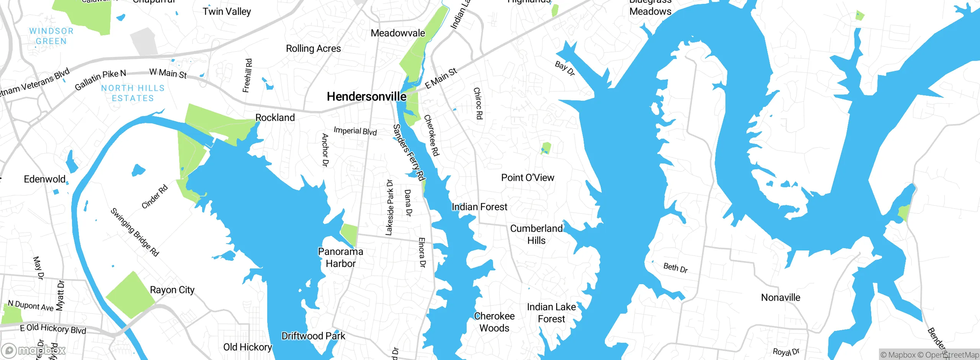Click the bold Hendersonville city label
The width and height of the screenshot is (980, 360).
tap(366, 97)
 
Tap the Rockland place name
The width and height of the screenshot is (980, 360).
tap(275, 118)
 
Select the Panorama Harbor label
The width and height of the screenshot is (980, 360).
tap(340, 257)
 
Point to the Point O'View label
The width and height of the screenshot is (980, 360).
tap(528, 178)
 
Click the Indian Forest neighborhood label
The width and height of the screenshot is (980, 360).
tap(479, 207)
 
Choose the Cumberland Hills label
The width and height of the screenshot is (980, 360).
tap(536, 234)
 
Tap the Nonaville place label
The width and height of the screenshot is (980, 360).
tap(781, 298)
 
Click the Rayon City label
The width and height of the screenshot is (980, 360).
tap(172, 290)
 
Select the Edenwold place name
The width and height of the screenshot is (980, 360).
tap(45, 179)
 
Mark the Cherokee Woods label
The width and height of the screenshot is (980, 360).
tap(494, 322)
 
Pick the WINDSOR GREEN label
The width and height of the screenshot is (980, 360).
tap(51, 36)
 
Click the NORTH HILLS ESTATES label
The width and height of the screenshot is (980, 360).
tap(133, 93)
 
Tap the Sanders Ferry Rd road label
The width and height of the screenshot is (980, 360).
tap(409, 152)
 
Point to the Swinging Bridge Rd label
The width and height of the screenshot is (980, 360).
tap(135, 232)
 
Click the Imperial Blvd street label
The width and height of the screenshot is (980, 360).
tap(355, 131)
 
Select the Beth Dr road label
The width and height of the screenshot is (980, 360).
tap(675, 267)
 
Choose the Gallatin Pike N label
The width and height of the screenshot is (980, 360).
tap(100, 80)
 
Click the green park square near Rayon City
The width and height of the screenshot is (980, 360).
tap(130, 295)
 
